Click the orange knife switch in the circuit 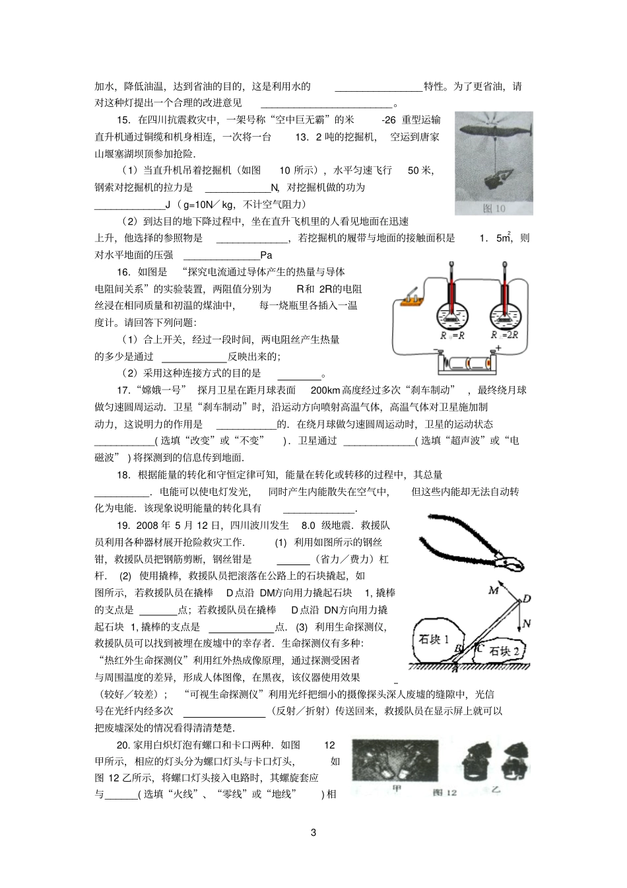(x=411, y=300)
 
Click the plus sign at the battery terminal (x=498, y=348)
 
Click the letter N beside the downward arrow (x=527, y=623)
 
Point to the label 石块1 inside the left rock (x=434, y=639)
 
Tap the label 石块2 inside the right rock (x=505, y=650)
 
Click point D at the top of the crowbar (x=527, y=599)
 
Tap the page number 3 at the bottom (x=313, y=832)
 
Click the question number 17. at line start (x=123, y=390)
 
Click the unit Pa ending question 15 (x=267, y=255)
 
